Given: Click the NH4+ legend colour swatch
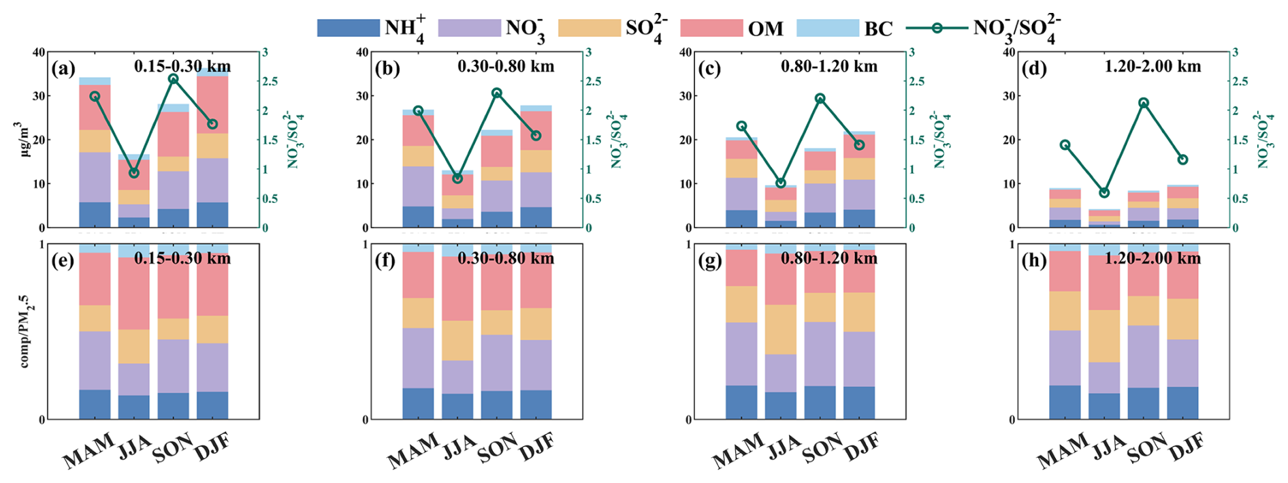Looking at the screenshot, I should click(348, 28).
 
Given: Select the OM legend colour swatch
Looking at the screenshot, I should click(711, 28).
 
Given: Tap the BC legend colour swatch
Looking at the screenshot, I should click(827, 28).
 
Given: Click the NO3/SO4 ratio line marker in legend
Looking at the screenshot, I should click(937, 28).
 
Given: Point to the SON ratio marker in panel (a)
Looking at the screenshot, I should click(173, 79).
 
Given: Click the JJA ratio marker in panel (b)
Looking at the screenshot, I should click(457, 178).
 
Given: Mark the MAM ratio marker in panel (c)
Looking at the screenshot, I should click(741, 126).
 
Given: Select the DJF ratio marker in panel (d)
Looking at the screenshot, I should click(1183, 159).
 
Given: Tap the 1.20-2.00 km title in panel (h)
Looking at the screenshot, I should click(1153, 259).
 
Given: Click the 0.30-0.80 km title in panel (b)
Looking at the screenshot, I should click(506, 67).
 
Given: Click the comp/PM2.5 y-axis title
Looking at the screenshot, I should click(25, 332).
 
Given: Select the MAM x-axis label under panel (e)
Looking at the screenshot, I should click(88, 451).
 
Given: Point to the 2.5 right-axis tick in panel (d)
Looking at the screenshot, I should click(1240, 82).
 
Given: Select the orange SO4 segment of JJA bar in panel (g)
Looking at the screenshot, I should click(780, 330).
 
